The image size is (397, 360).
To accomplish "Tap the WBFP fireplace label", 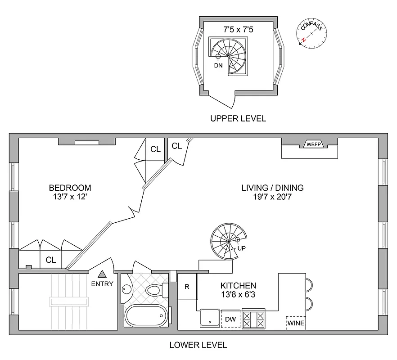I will [314, 144].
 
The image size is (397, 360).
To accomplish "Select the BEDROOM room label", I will [70, 188].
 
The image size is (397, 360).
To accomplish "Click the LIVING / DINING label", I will [272, 188].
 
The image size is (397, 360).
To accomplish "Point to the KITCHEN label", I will [238, 285].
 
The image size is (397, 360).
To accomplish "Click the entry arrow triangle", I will [102, 274].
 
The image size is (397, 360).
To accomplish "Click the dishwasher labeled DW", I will [230, 319].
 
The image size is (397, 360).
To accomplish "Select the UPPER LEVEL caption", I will [238, 119].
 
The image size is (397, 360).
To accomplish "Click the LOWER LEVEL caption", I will [198, 345].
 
